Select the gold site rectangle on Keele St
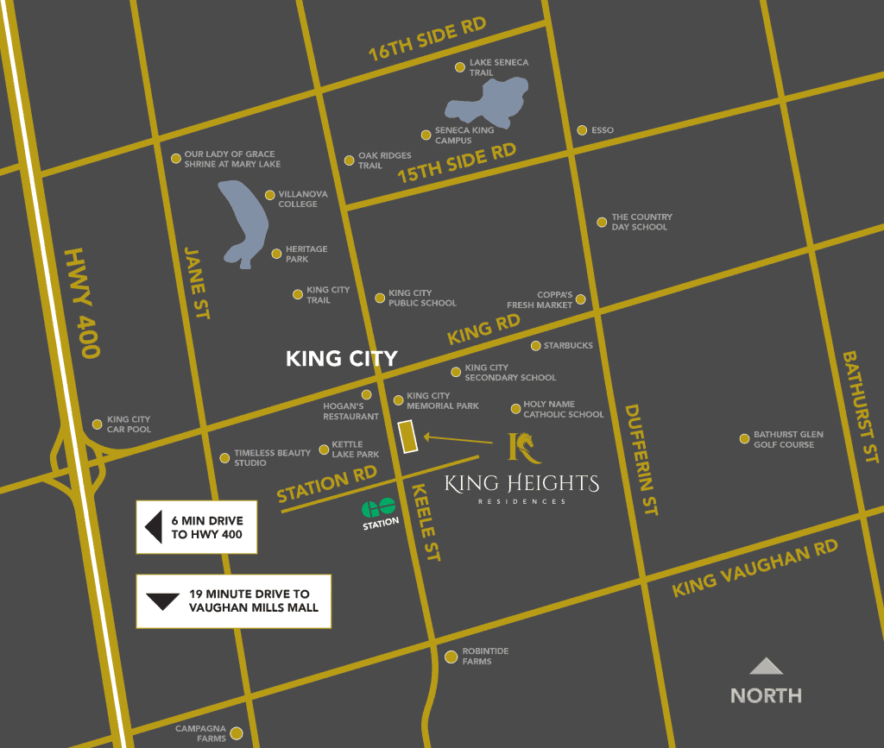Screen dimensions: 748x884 pyautogui.click(x=407, y=437)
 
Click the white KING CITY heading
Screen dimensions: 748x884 pyautogui.click(x=342, y=359)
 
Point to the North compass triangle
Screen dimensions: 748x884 pyautogui.click(x=766, y=666)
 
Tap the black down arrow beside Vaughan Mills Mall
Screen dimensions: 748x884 pyautogui.click(x=162, y=600)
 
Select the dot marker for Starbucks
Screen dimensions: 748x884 pyautogui.click(x=536, y=346)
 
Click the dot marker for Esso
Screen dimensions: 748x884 pyautogui.click(x=583, y=130)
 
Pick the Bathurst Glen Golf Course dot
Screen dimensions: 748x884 pyautogui.click(x=744, y=439)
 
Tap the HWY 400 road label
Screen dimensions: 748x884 pyautogui.click(x=83, y=303)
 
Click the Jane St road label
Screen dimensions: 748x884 pyautogui.click(x=196, y=282)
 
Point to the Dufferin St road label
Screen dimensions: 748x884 pyautogui.click(x=640, y=459)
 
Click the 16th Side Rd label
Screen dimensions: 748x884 pyautogui.click(x=426, y=39)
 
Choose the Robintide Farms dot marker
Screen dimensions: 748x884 pyautogui.click(x=451, y=657)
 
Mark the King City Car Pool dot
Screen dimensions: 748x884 pyautogui.click(x=98, y=424)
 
